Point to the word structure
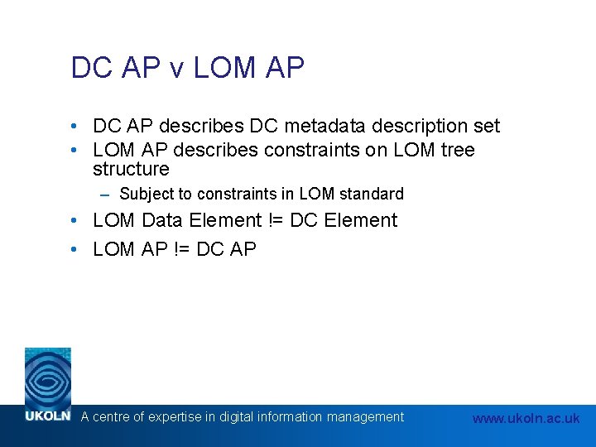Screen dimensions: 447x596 (131, 170)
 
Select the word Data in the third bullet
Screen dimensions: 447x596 (165, 221)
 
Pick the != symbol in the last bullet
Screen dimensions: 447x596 (185, 249)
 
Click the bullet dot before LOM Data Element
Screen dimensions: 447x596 (75, 221)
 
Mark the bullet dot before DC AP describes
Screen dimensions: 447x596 (75, 126)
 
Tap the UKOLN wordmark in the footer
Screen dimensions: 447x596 (47, 416)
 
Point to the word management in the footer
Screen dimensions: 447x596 (365, 417)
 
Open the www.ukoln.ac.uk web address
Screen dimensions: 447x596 (526, 418)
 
